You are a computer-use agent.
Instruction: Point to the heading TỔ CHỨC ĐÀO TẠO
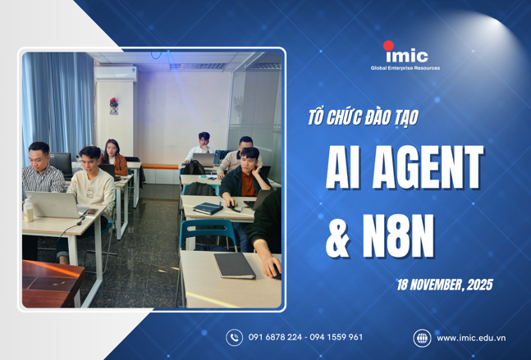[362, 117]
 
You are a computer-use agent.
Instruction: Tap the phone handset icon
[235, 337]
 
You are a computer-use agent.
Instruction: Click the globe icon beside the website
[422, 337]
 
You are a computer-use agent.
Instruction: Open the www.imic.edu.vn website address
[471, 337]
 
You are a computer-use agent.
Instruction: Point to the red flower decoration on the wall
[114, 104]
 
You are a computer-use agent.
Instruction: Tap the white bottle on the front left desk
[29, 210]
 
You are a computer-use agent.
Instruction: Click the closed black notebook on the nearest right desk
[235, 264]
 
